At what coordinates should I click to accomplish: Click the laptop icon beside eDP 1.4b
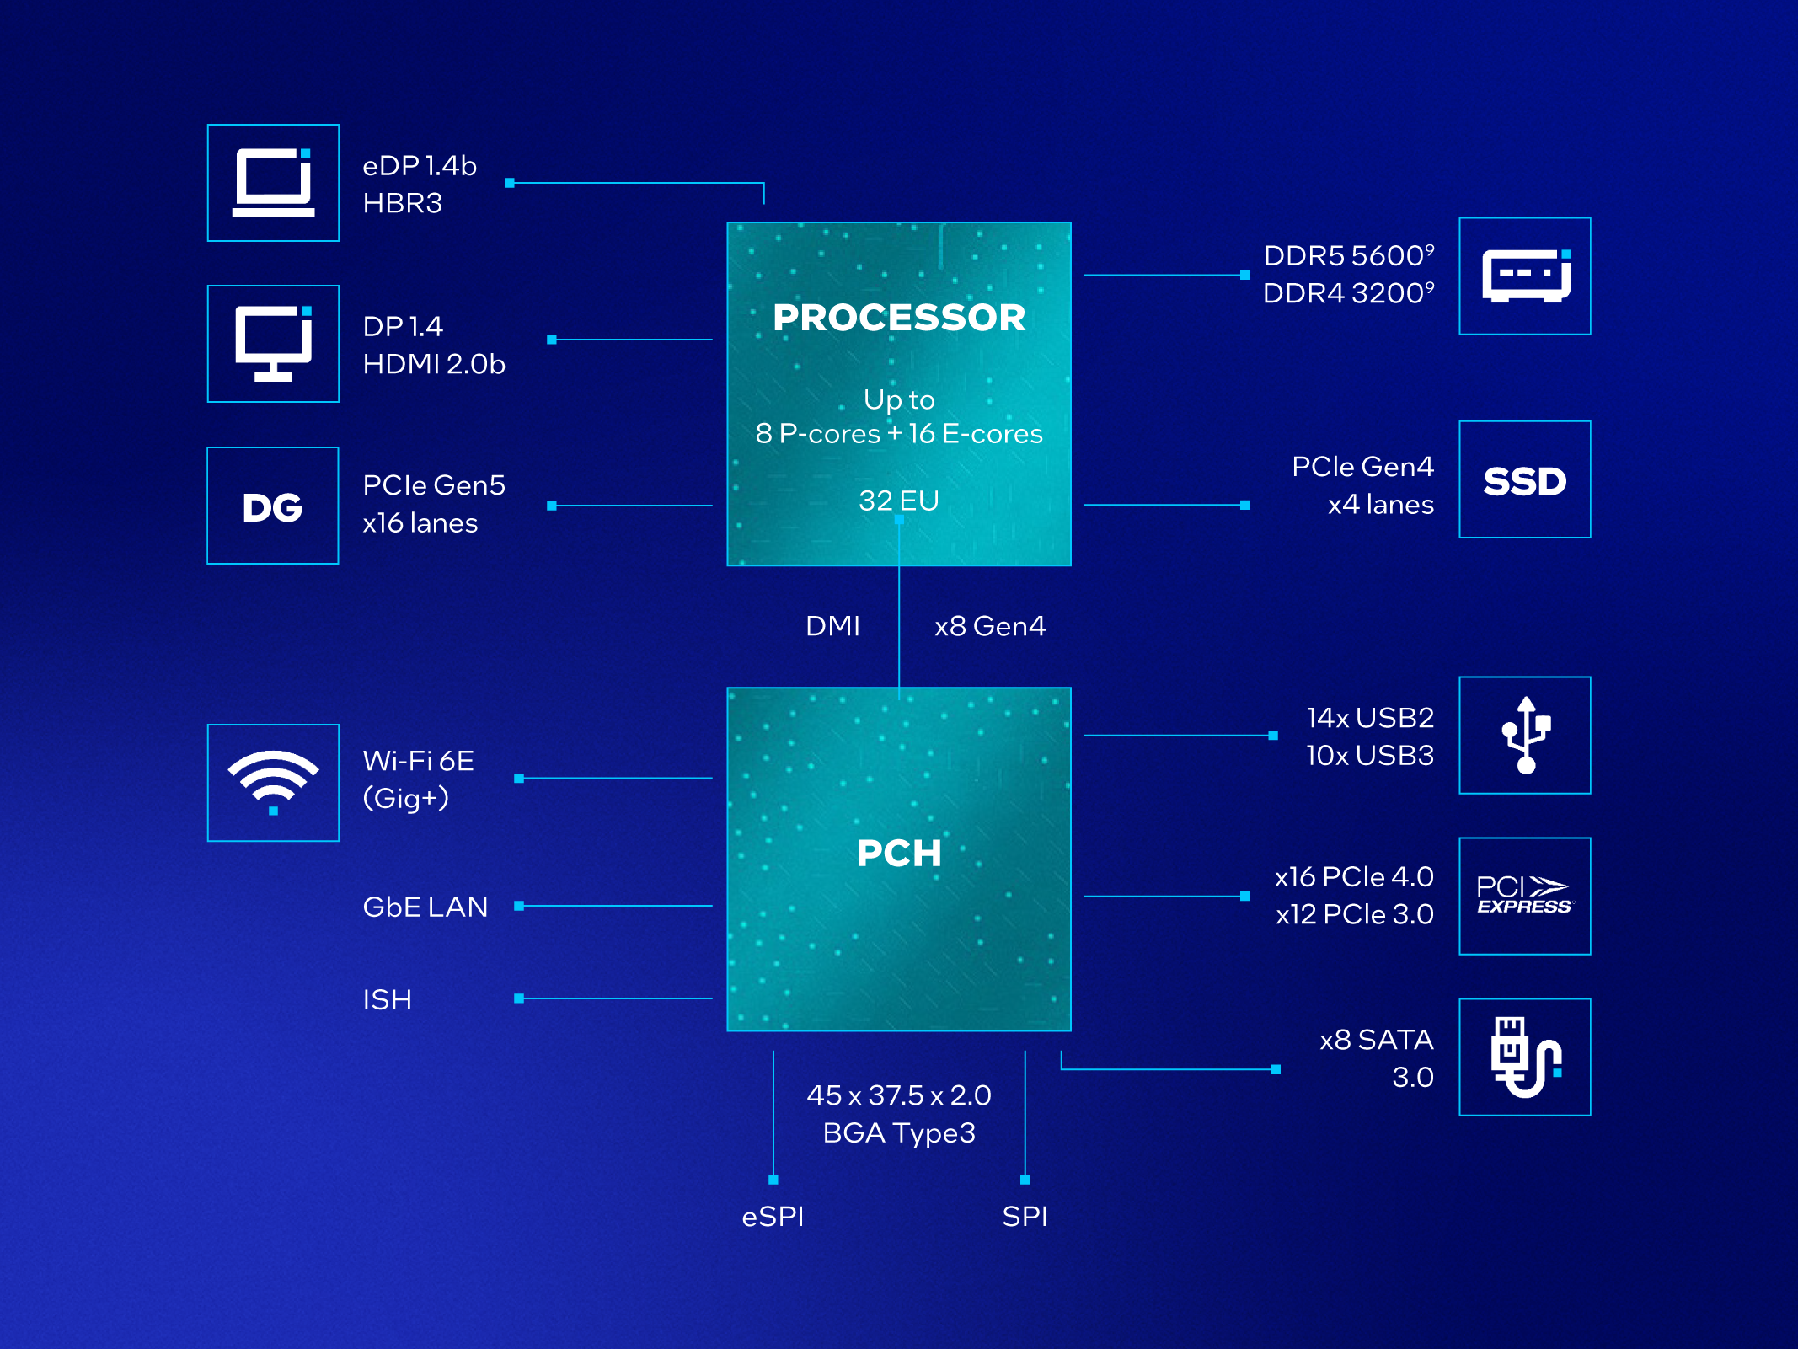click(x=273, y=183)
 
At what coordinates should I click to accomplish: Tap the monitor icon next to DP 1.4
click(x=273, y=344)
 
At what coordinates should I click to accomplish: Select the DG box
click(x=273, y=506)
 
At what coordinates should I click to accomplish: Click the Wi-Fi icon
click(x=273, y=783)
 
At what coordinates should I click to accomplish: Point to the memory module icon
click(x=1525, y=276)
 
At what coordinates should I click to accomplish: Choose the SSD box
click(x=1525, y=480)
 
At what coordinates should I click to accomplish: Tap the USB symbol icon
click(x=1525, y=736)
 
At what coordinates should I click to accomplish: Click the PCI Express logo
click(x=1525, y=897)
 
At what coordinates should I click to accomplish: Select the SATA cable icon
click(x=1525, y=1057)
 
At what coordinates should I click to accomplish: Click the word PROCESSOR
click(x=899, y=318)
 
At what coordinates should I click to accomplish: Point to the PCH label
click(x=899, y=853)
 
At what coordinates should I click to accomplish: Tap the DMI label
click(x=832, y=626)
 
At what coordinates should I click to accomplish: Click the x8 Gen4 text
click(x=990, y=626)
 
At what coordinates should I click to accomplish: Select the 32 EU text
click(x=899, y=501)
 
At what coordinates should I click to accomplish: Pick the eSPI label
click(x=773, y=1217)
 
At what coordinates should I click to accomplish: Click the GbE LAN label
click(x=425, y=907)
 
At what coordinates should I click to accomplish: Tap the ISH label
click(x=388, y=999)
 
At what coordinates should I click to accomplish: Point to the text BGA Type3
click(x=899, y=1133)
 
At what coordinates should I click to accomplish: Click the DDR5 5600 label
click(x=1347, y=255)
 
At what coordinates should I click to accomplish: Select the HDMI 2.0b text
click(x=434, y=364)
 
